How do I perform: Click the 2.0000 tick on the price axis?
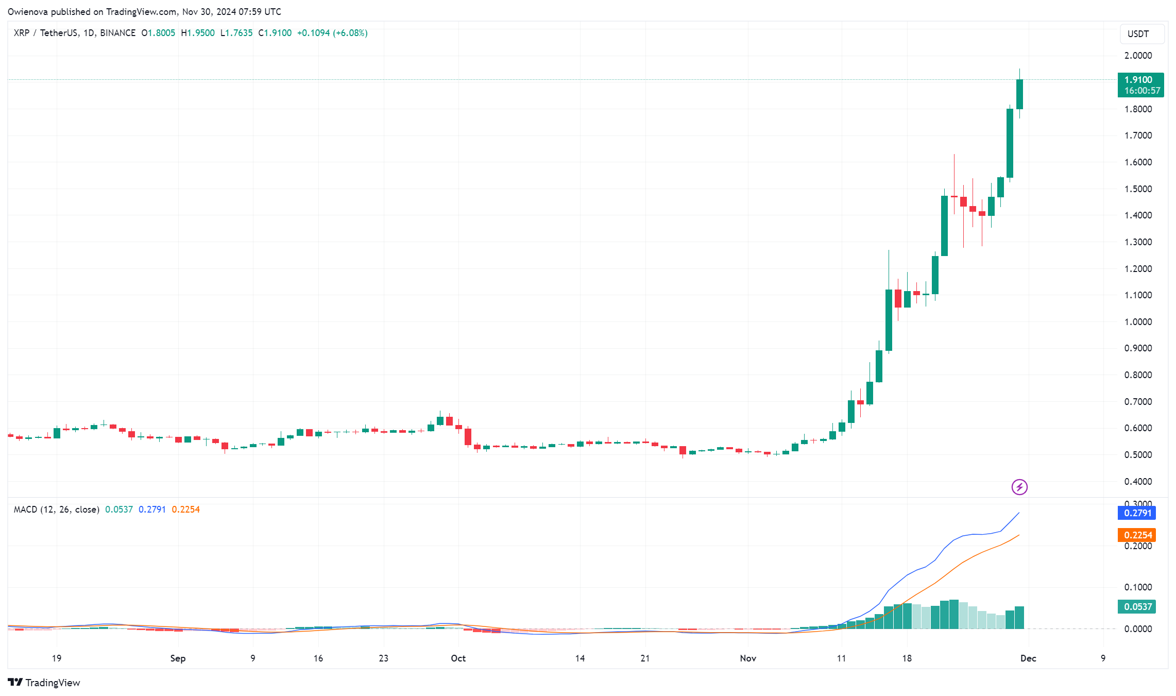coord(1138,56)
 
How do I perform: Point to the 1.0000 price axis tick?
coord(1138,322)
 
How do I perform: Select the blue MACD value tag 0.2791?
coord(1137,513)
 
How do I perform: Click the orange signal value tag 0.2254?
coord(1137,535)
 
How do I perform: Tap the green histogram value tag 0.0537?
coord(1137,607)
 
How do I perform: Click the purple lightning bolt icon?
coord(1019,487)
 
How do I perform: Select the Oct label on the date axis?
coord(458,658)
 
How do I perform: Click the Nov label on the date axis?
coord(747,658)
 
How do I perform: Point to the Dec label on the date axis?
coord(1028,658)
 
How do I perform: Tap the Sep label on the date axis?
coord(178,658)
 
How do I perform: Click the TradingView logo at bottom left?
coord(44,683)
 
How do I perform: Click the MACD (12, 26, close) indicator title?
coord(56,510)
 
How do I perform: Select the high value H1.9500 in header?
coord(198,33)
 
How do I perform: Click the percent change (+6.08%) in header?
coord(350,33)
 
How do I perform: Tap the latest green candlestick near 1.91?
coord(1019,94)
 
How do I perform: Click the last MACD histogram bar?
coord(1019,618)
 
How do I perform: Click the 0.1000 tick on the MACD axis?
coord(1138,587)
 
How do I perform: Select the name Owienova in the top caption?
coord(28,11)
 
